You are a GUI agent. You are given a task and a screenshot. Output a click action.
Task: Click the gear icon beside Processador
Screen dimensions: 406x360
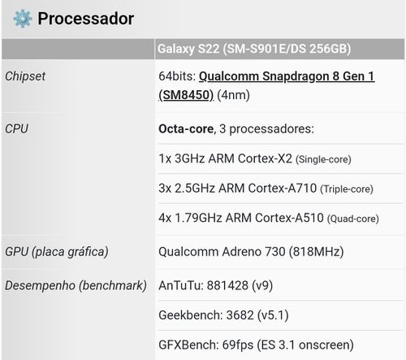coord(23,19)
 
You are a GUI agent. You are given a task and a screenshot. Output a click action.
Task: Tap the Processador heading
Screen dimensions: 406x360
coord(86,19)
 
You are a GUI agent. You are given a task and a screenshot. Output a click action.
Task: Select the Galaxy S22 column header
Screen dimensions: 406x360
coord(254,49)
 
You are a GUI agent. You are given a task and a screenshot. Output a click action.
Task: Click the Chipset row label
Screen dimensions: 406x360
coord(25,76)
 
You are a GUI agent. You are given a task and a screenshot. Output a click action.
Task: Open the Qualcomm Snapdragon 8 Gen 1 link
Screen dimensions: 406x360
coord(266,85)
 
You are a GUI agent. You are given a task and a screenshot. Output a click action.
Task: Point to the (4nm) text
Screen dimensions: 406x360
coord(233,95)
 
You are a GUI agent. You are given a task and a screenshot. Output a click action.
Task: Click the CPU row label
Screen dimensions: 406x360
coord(16,128)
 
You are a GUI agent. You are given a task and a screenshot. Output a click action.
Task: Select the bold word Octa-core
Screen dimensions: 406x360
coord(186,128)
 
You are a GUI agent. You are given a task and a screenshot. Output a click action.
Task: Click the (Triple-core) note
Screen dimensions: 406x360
coord(347,189)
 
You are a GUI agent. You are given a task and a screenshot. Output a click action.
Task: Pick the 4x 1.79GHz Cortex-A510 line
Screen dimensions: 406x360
coord(241,218)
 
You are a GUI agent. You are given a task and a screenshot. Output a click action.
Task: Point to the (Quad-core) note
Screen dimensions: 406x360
coord(353,219)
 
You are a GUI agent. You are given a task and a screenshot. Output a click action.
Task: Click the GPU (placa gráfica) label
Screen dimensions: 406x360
coord(57,252)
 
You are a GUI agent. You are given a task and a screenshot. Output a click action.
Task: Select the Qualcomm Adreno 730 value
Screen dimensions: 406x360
coord(222,252)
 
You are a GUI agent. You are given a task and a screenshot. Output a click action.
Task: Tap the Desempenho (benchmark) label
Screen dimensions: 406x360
coord(76,285)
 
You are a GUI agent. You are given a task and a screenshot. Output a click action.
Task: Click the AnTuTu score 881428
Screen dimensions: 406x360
coord(227,285)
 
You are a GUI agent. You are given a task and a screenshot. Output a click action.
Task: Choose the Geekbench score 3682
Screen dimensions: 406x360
coord(240,315)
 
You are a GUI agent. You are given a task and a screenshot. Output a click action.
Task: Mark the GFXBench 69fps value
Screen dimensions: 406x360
coord(238,345)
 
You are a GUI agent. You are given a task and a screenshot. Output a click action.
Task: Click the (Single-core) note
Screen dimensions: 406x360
coord(323,159)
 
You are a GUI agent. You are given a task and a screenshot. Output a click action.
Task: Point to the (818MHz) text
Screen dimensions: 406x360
coord(316,252)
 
